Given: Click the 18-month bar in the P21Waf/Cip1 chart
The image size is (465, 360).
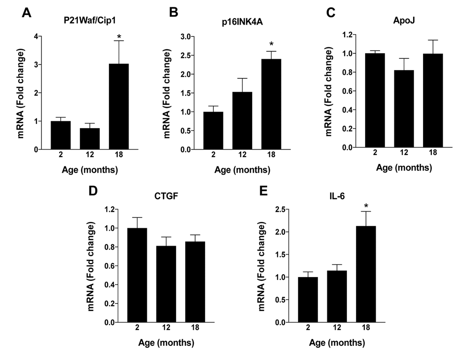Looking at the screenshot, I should (119, 107).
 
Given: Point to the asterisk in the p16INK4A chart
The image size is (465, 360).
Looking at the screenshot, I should (271, 45).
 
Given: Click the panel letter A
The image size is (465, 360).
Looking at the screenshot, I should (27, 13).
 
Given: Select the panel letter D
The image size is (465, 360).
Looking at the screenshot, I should (93, 190).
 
